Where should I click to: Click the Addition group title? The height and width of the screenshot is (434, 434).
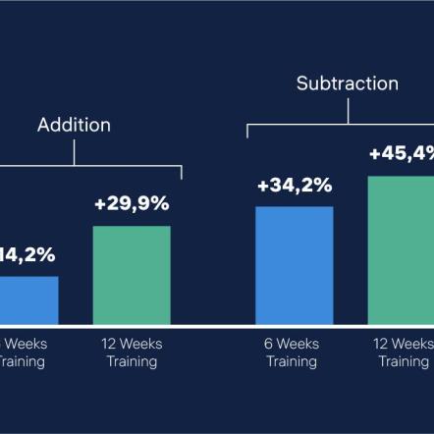(x=74, y=125)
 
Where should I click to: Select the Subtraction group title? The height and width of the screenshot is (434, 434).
(x=348, y=83)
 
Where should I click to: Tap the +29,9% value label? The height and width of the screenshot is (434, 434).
(x=132, y=204)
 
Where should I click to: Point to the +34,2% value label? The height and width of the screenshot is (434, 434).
(x=295, y=185)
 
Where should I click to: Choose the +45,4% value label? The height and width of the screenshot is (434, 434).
(x=402, y=154)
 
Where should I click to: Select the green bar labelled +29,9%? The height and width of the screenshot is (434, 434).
(x=132, y=275)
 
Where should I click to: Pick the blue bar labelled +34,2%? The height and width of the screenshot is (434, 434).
(x=295, y=265)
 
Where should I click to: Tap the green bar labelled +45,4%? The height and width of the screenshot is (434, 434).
(x=401, y=250)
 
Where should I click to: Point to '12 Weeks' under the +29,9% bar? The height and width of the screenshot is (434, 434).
(x=132, y=344)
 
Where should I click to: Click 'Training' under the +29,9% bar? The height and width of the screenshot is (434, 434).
(x=132, y=361)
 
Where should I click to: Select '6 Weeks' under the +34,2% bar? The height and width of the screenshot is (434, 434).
(x=292, y=344)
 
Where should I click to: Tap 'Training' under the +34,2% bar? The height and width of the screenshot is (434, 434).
(x=292, y=361)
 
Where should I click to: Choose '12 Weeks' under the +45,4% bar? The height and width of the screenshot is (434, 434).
(x=404, y=344)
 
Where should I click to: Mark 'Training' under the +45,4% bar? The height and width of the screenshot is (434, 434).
(x=404, y=361)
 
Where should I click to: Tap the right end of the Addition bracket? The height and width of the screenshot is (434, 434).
(x=182, y=175)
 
